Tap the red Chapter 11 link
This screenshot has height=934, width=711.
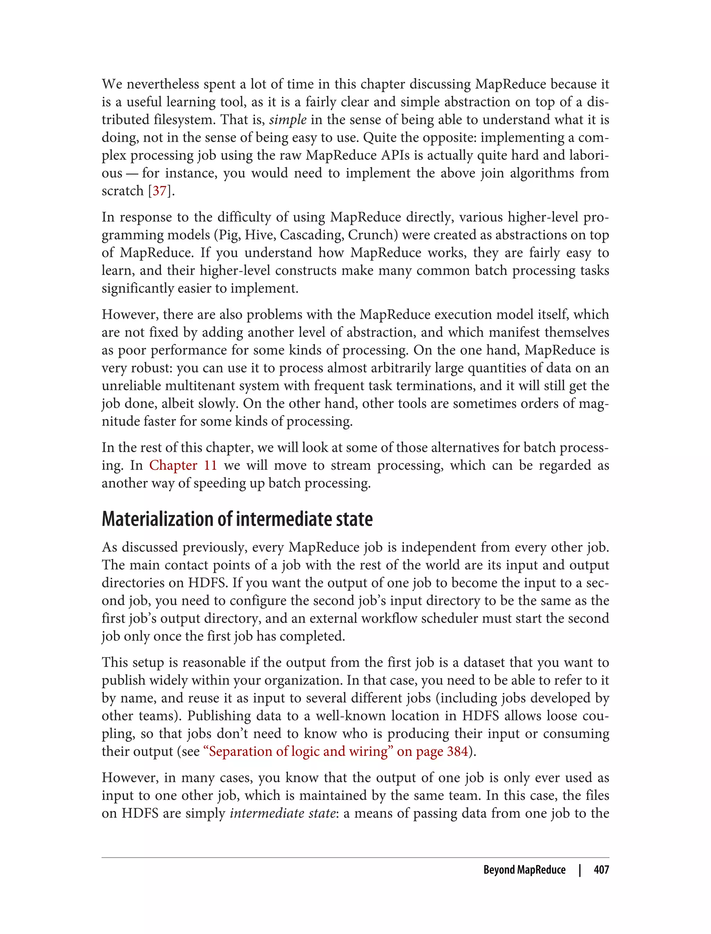(x=183, y=466)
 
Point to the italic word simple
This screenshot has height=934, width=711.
(x=287, y=120)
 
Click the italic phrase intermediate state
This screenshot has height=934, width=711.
(x=282, y=813)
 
